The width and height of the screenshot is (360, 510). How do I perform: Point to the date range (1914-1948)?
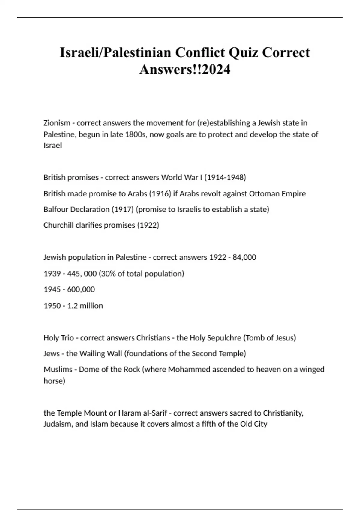point(225,178)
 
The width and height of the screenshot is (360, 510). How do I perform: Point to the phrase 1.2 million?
point(85,306)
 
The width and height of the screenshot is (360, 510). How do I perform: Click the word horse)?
point(54,381)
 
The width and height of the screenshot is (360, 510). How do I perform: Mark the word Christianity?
point(283,413)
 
